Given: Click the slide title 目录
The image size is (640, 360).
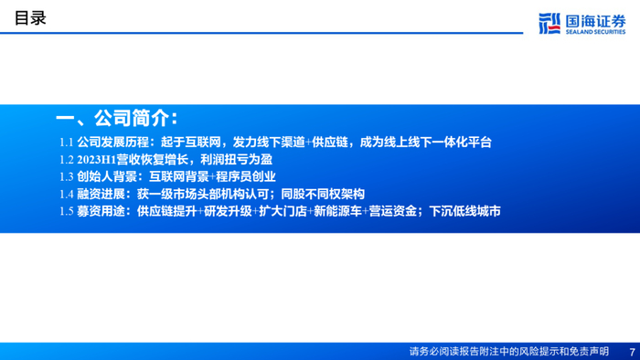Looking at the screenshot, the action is click(30, 18).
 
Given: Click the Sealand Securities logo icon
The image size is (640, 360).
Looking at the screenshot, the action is click(549, 23).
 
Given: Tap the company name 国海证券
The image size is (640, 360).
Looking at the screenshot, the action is click(595, 21).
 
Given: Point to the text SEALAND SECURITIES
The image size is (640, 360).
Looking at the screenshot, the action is click(595, 32).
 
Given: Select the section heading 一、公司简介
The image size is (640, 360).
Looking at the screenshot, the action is click(117, 119).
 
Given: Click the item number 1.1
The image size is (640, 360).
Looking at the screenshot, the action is click(67, 143).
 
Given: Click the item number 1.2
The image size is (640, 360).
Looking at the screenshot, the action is click(67, 159).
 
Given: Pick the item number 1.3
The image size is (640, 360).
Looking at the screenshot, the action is click(67, 176).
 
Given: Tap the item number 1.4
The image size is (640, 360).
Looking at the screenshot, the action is click(67, 194).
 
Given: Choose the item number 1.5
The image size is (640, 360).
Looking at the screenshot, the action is click(67, 211).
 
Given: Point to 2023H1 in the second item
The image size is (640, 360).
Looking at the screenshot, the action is click(97, 159).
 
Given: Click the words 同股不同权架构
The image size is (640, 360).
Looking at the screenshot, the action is click(323, 194).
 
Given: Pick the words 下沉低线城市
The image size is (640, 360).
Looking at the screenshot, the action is click(464, 211).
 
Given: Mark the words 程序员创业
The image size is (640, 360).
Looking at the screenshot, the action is click(246, 176).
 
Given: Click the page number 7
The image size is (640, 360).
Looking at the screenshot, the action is click(633, 352).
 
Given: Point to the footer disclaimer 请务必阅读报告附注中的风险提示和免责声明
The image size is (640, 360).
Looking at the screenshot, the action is click(509, 352).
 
